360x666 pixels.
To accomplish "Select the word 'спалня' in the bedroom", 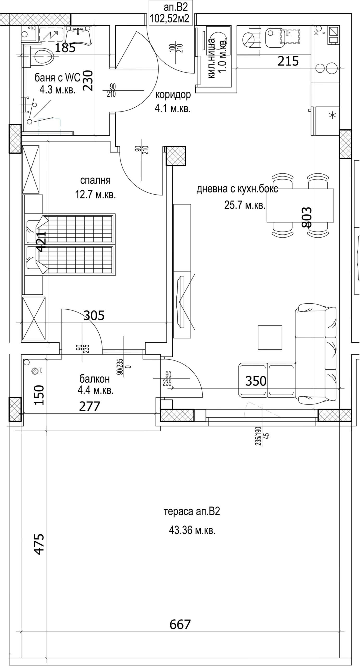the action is (95, 180).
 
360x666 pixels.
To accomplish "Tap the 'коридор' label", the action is (173, 95).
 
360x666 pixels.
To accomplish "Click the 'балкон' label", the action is (95, 379).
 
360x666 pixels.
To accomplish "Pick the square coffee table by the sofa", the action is (270, 337).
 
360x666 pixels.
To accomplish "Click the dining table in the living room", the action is (300, 206).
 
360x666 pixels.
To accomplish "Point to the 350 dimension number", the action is (256, 381).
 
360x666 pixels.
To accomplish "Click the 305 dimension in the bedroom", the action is (94, 315).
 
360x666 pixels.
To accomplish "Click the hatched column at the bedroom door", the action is (176, 156).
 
